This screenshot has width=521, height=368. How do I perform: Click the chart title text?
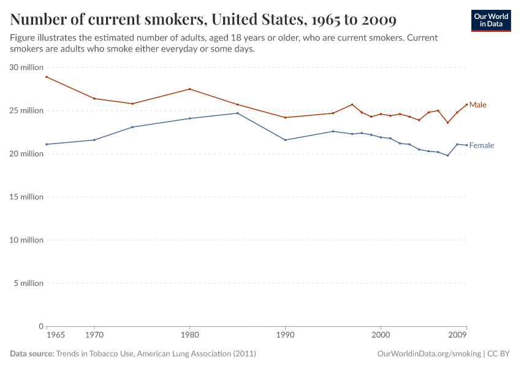(203, 20)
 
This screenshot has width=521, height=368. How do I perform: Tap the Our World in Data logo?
(490, 20)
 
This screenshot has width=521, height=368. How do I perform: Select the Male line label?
(477, 105)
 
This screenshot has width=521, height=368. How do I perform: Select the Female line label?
(481, 146)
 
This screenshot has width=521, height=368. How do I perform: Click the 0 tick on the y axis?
(40, 326)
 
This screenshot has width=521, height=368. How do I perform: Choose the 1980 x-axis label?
(189, 336)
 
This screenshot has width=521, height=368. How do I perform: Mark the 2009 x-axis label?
(457, 336)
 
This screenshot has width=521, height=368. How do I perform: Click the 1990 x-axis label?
(285, 336)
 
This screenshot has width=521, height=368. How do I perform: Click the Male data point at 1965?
(47, 77)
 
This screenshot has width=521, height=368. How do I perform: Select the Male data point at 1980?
(189, 89)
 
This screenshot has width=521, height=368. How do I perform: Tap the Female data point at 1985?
(237, 113)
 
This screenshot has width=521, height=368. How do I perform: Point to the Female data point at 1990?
(285, 140)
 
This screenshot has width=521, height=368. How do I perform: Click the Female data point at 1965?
(47, 144)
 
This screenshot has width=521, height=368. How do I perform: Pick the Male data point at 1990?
(285, 117)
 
